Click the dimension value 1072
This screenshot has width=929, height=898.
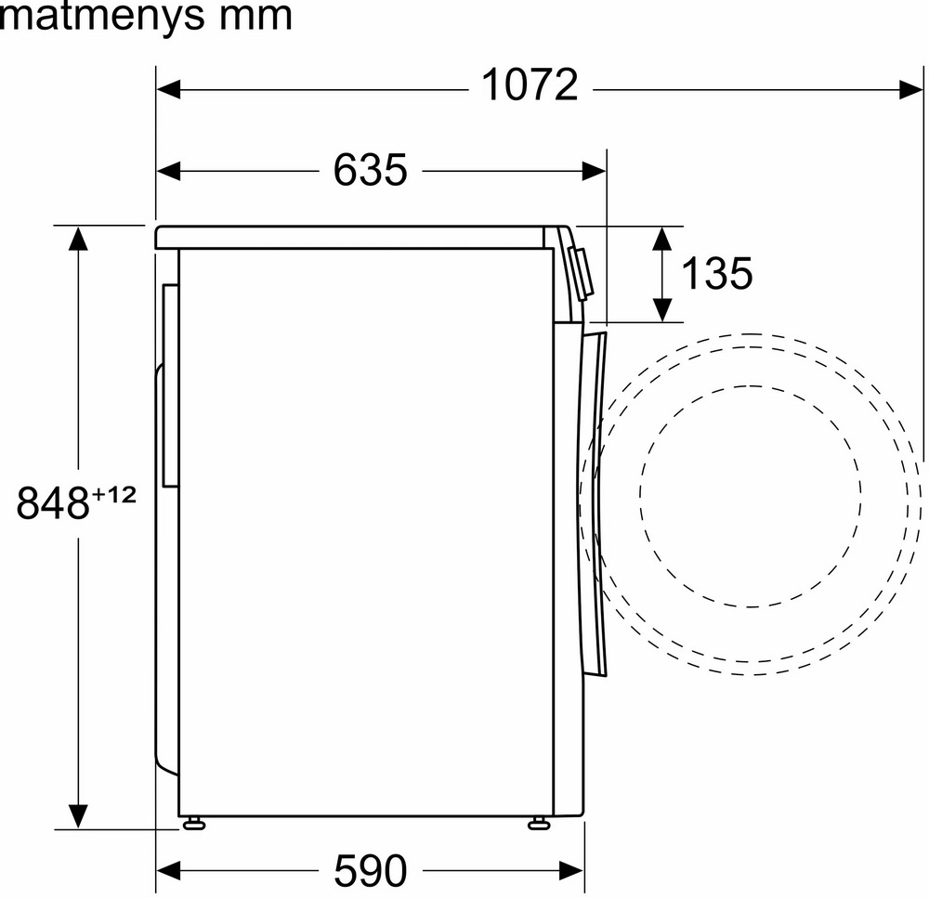530,85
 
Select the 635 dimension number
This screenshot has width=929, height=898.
371,171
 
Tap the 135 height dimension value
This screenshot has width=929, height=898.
717,273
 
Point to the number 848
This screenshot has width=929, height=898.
53,503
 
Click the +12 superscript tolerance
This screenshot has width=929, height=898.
113,495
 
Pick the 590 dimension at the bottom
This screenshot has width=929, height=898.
371,870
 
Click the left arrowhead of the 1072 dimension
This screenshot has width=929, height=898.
168,91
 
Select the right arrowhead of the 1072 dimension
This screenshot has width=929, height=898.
911,91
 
